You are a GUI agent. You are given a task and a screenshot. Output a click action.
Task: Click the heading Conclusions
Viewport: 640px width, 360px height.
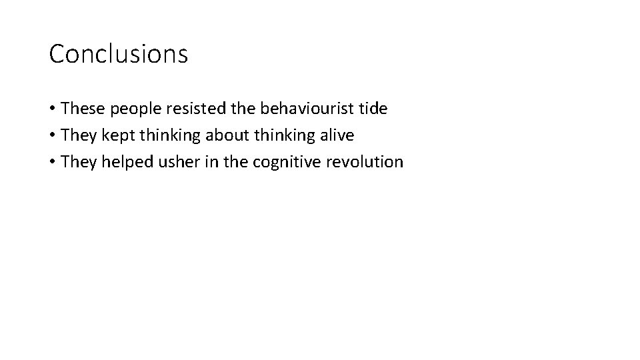click(119, 54)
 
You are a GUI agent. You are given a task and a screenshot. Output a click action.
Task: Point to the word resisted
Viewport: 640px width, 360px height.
click(184, 108)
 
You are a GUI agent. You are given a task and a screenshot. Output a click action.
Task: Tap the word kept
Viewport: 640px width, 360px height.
click(113, 135)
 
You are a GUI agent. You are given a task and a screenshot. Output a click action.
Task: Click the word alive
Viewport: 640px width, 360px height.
click(337, 135)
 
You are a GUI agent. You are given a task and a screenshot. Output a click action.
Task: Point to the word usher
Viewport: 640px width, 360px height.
click(170, 162)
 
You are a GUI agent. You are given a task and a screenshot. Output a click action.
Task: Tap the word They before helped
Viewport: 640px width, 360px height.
click(78, 162)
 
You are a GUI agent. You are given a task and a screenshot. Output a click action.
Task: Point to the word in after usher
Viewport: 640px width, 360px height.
click(201, 161)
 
